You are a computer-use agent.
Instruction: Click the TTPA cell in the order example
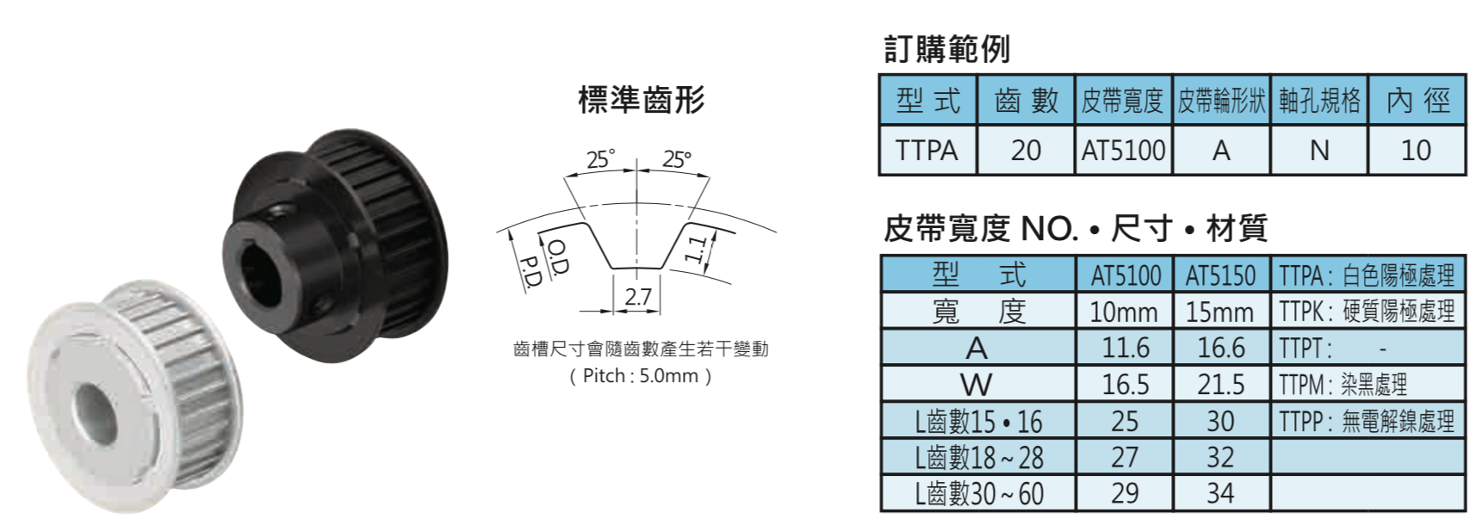point(927,151)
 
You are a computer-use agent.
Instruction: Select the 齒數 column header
point(1026,101)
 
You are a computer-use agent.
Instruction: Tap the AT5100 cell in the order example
point(1124,151)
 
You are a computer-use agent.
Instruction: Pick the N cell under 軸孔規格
point(1319,151)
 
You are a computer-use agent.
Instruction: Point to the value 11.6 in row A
point(1126,347)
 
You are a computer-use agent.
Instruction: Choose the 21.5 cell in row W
point(1221,384)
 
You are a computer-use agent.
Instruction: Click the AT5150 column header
point(1221,275)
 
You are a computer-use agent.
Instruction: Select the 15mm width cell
point(1220,312)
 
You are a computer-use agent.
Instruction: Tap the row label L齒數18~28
point(979,457)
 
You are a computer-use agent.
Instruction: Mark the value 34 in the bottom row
point(1220,492)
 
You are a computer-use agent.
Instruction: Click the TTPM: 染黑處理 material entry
point(1343,384)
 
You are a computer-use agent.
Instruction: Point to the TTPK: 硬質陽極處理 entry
point(1367,312)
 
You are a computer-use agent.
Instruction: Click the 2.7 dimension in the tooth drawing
point(638,296)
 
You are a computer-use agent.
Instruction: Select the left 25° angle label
point(600,159)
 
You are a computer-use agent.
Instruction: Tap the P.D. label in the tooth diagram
point(529,271)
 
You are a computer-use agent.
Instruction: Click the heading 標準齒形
point(642,100)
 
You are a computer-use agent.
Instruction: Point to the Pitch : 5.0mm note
point(641,376)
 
